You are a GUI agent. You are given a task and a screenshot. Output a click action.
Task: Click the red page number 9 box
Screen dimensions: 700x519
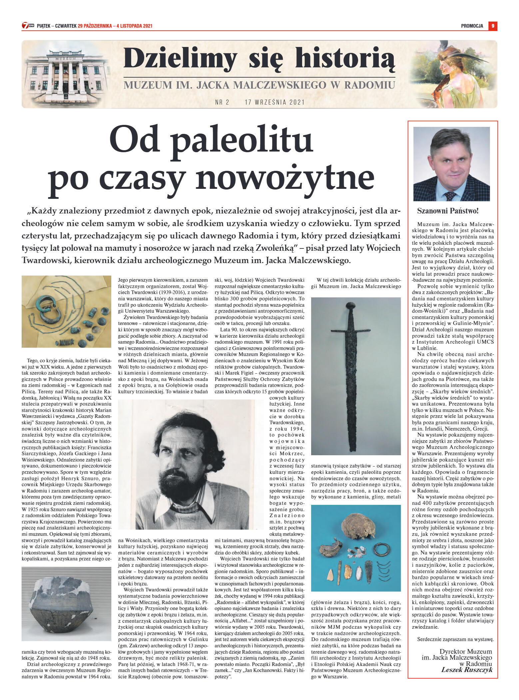click(493, 26)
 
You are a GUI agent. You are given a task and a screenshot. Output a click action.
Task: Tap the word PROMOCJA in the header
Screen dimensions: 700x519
click(472, 26)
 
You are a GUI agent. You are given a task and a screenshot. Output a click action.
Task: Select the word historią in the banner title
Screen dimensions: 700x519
click(345, 59)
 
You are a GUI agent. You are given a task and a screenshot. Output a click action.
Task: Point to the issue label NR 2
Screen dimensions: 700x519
click(222, 102)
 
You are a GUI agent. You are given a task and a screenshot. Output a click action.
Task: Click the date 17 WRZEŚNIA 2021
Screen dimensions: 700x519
click(274, 102)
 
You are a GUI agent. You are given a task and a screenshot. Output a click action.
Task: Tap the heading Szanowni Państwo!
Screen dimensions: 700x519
click(448, 211)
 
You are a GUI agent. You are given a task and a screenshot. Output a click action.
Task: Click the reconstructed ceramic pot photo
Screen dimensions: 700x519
click(66, 604)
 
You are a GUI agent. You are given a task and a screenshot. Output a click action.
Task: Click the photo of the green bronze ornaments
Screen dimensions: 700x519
click(66, 311)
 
